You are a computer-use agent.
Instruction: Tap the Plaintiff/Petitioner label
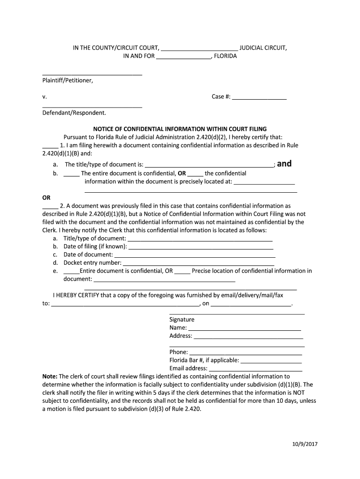pyautogui.click(x=68, y=80)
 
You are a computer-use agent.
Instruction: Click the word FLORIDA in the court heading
pyautogui.click(x=225, y=56)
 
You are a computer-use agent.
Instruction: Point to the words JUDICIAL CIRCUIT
pyautogui.click(x=263, y=48)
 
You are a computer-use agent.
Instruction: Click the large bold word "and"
pyautogui.click(x=284, y=163)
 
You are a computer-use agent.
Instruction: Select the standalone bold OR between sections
pyautogui.click(x=46, y=197)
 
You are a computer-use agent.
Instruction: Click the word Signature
pyautogui.click(x=182, y=319)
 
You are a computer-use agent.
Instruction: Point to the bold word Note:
pyautogui.click(x=50, y=376)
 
